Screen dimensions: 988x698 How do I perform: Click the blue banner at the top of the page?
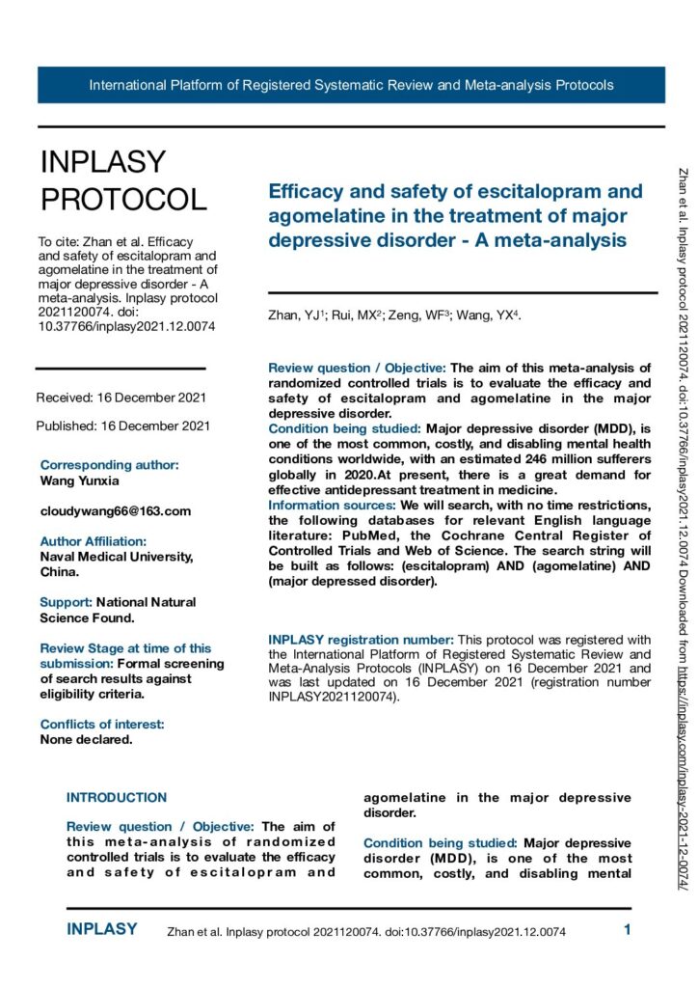click(x=351, y=85)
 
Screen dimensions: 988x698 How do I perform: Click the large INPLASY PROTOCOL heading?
click(x=122, y=180)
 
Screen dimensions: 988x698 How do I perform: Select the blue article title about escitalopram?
click(x=447, y=215)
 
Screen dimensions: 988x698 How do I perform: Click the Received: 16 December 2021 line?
click(x=121, y=398)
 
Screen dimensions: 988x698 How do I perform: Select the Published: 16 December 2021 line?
click(x=122, y=425)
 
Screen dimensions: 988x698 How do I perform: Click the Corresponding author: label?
click(x=110, y=465)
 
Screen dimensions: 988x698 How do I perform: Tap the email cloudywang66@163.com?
click(x=116, y=510)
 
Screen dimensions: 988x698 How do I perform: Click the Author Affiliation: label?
click(x=93, y=541)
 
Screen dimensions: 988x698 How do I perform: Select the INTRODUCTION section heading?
click(x=116, y=798)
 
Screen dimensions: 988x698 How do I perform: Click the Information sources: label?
click(x=329, y=504)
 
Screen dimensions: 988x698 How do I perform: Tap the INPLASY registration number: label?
click(x=360, y=640)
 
